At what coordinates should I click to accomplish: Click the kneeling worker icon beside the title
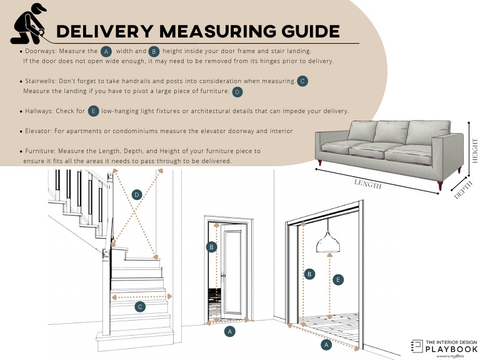point(29,24)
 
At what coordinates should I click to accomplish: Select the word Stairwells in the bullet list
point(39,81)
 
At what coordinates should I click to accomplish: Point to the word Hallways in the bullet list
point(38,111)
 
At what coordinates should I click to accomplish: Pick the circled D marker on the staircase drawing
point(137,195)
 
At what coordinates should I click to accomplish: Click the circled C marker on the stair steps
point(140,306)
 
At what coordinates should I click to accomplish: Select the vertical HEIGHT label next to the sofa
point(475,150)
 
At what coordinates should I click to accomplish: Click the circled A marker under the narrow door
point(230,331)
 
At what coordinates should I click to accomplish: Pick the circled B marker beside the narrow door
point(212,247)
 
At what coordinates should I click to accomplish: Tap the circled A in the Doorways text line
point(106,51)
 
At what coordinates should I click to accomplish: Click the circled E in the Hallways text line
point(93,111)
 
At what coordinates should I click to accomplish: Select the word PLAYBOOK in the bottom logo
point(452,349)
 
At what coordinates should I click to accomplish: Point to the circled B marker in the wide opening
point(308,274)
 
